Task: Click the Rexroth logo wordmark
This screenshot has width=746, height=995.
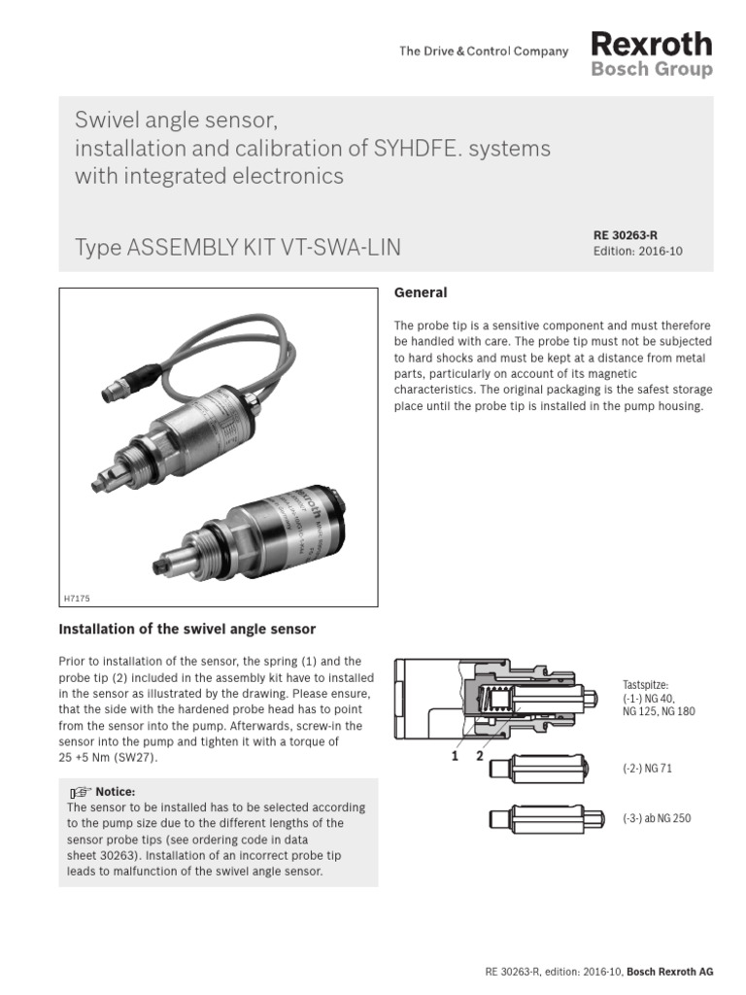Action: [x=651, y=44]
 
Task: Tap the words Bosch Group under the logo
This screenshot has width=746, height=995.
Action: [x=651, y=70]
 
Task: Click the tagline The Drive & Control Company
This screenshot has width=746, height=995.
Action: [x=484, y=51]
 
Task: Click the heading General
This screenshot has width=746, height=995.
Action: [x=420, y=292]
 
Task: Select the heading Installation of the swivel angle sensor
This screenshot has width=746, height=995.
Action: [x=187, y=629]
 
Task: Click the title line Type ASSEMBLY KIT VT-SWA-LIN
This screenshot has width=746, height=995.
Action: [x=238, y=248]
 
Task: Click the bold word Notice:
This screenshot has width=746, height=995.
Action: [x=116, y=792]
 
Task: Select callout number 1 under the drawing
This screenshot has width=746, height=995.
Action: [x=453, y=755]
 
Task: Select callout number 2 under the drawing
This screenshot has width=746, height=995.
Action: [x=478, y=755]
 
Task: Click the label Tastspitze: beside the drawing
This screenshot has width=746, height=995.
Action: [x=645, y=685]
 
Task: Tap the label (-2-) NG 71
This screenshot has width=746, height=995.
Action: [x=647, y=769]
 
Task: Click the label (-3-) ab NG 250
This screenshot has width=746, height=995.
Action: [x=657, y=818]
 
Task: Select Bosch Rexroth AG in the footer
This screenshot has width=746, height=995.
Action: [x=670, y=972]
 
